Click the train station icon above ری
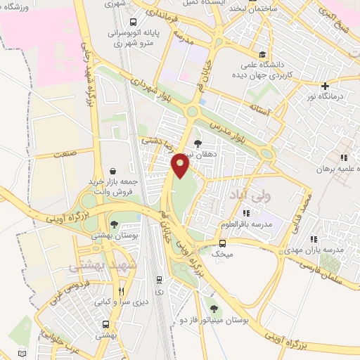159,278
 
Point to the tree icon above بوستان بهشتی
114,224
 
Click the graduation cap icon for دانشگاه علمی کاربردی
262,54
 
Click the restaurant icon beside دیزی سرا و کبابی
121,290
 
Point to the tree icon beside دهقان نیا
198,143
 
